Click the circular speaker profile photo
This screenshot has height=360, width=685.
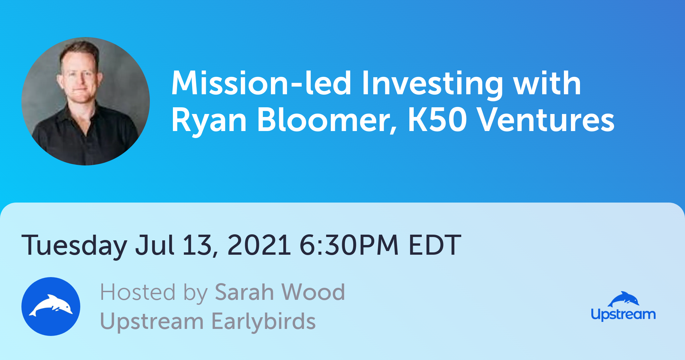point(86,101)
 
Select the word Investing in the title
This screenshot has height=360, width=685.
point(432,85)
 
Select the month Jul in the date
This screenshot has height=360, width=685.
point(155,245)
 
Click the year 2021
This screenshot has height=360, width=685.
point(259,245)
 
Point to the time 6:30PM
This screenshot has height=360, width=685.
point(349,245)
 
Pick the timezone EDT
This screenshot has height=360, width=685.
point(435,245)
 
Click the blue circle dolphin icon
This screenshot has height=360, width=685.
point(51,307)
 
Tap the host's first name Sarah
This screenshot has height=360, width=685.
point(244,292)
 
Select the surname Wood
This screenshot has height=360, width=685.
point(313,292)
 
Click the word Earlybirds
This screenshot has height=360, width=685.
point(264,321)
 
